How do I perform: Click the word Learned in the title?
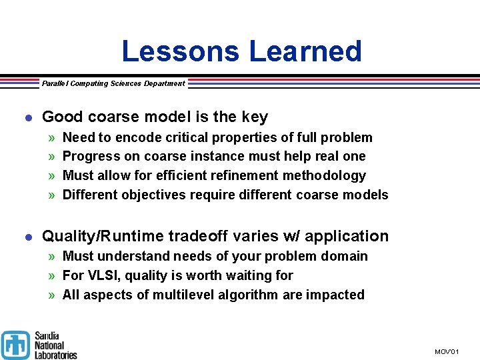[x=305, y=51]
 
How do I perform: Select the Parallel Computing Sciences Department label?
[x=113, y=83]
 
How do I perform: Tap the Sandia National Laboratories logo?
[x=39, y=345]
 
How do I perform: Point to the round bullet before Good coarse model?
[x=27, y=117]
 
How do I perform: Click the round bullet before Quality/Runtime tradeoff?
[x=27, y=237]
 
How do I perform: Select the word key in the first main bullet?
[x=255, y=117]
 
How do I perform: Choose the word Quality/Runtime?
[x=103, y=236]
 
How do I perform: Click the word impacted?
[x=335, y=295]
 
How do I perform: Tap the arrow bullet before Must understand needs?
[x=52, y=256]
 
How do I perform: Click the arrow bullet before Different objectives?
[x=52, y=195]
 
